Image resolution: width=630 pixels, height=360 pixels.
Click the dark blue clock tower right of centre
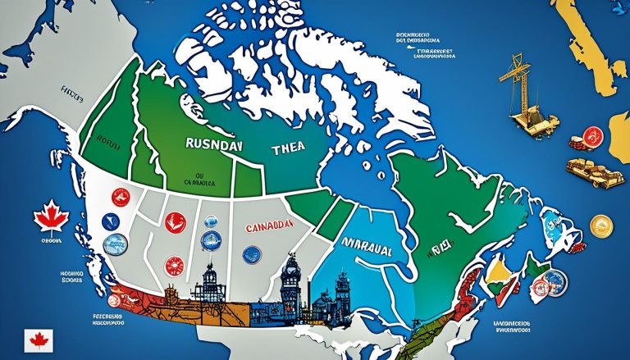point(291,284)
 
